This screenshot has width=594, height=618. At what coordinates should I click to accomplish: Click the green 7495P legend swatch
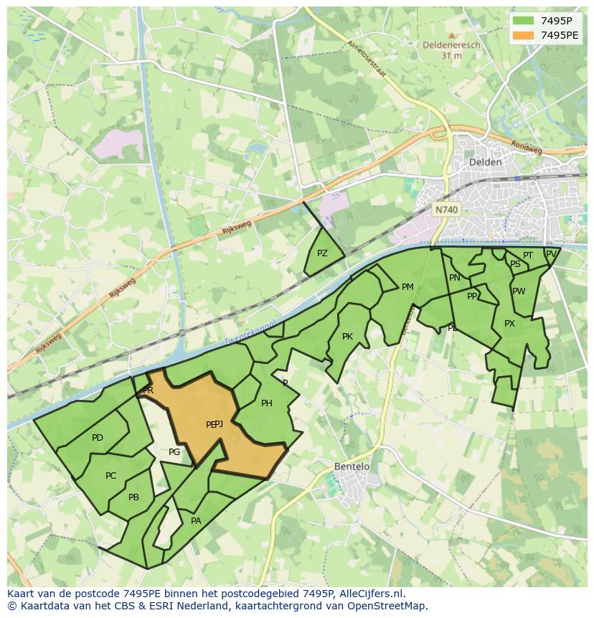pos(524,21)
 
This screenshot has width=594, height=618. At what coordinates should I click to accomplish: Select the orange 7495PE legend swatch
pos(524,35)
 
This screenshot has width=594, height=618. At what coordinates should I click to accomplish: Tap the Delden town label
pos(485,162)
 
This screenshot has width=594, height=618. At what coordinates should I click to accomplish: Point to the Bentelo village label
pos(352,467)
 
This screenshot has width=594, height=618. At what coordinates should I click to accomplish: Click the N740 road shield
pos(446,210)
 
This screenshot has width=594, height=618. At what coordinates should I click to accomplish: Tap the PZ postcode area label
pos(322,253)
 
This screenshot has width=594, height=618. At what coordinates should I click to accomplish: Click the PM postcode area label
pos(407,287)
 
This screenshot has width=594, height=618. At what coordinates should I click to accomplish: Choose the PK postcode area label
pos(347,337)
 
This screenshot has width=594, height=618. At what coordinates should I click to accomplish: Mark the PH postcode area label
pos(266,403)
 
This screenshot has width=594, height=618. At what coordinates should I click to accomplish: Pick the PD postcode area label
pos(98,438)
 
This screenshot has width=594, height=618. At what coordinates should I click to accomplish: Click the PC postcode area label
pos(110,476)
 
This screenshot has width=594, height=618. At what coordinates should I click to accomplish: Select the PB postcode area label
pos(133,497)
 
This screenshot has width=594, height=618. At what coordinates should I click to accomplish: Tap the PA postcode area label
pos(196,521)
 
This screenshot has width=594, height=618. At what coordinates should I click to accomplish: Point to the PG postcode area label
pos(174,452)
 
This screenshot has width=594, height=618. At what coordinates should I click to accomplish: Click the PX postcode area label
pos(509,324)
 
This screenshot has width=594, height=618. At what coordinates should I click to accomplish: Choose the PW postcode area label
pos(519,291)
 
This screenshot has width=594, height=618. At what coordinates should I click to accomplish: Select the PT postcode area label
pos(528,256)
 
